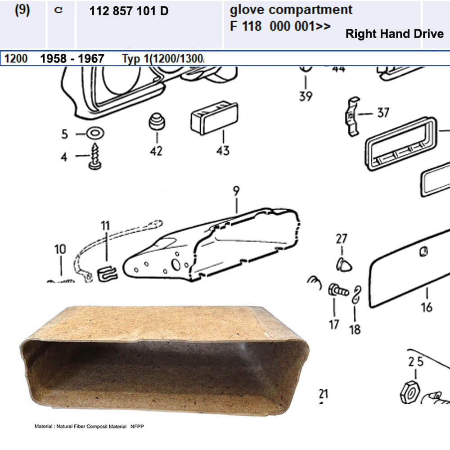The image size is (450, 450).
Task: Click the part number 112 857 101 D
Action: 129,11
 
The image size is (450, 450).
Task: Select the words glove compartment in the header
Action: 291,10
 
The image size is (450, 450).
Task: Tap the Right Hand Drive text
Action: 395,34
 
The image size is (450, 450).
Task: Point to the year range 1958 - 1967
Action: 72,58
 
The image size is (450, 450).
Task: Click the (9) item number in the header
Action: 22,10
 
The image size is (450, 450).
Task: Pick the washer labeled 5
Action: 95,133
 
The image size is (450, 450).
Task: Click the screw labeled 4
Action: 95,157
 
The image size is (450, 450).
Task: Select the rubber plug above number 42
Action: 157,121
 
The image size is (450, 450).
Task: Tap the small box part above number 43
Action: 214,118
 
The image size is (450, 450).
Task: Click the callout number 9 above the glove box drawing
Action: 236,191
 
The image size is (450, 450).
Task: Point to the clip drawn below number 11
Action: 108,274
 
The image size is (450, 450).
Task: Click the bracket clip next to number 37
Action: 353,116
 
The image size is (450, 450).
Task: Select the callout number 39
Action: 306,96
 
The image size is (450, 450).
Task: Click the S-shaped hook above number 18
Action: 357,294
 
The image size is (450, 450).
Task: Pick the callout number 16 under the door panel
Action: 427,307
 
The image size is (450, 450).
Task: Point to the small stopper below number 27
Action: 344,264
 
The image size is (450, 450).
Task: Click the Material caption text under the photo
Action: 89,427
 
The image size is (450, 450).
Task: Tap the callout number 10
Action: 60,249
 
